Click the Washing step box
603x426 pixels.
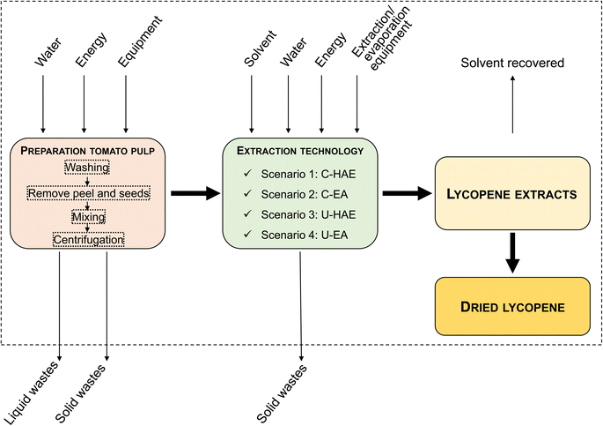[86, 168]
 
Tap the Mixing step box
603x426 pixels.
[86, 215]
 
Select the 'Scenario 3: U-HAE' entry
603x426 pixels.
[307, 213]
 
